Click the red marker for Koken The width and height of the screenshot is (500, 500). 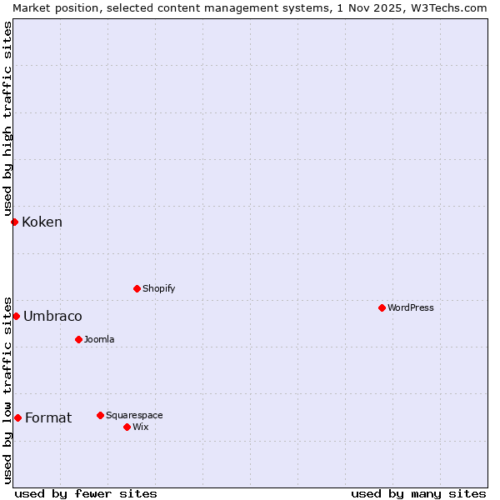(x=14, y=222)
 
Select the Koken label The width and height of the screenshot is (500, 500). (x=42, y=222)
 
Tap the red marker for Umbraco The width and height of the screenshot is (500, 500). (x=16, y=316)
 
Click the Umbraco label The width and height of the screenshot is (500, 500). (x=52, y=316)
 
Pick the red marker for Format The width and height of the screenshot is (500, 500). (x=17, y=417)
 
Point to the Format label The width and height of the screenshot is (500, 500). (x=48, y=417)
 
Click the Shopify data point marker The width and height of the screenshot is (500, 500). (x=137, y=288)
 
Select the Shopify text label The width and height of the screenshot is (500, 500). (x=158, y=288)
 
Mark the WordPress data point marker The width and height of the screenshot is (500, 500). (x=382, y=307)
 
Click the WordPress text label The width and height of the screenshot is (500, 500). (x=410, y=307)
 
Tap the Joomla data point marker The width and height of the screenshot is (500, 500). (x=78, y=339)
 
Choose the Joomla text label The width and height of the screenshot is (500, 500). (x=99, y=339)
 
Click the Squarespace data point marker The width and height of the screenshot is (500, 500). (x=100, y=415)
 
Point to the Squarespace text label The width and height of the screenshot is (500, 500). (x=134, y=415)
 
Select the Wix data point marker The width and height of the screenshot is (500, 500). (x=127, y=427)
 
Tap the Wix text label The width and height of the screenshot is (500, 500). (x=140, y=427)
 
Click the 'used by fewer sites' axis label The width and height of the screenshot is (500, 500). (x=86, y=493)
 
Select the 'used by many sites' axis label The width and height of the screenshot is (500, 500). (x=418, y=493)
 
